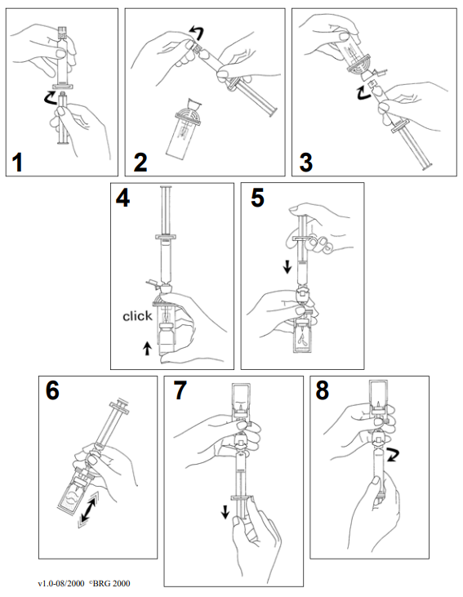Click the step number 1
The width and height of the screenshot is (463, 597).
pos(17,163)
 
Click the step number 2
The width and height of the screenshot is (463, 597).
pos(140,163)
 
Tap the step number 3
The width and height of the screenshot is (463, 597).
pos(306,163)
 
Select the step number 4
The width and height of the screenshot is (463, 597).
pos(122,198)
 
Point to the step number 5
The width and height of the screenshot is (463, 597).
pos(257,198)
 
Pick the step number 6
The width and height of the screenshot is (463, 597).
pos(52,390)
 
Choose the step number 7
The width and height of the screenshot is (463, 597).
pos(180,390)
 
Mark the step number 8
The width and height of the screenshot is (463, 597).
pos(322,390)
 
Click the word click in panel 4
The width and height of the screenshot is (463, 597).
pos(137,316)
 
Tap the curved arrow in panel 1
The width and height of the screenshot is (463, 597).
pos(50,98)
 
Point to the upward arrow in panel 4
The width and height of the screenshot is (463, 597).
pos(147,349)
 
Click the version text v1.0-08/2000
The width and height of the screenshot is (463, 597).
pos(61,583)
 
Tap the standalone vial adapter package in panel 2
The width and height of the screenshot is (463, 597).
pos(184,130)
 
